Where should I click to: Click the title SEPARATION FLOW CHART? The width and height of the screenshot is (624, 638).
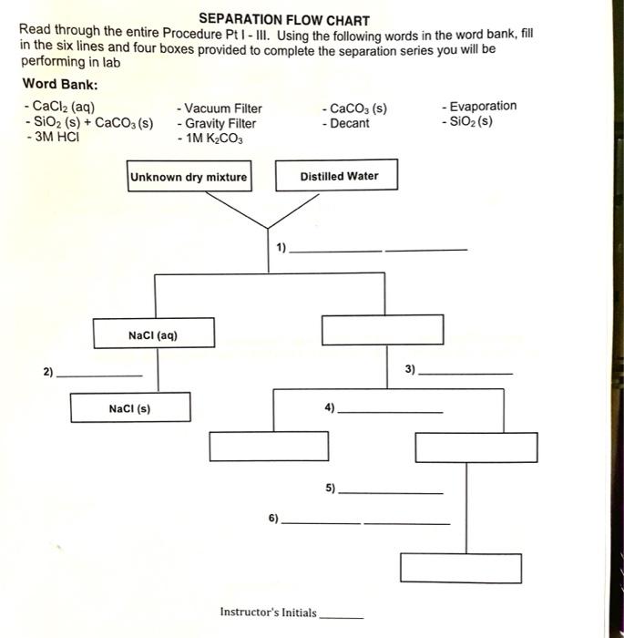pos(284,19)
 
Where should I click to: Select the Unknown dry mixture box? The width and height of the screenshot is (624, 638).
pos(189,177)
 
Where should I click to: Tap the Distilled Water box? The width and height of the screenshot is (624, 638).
pos(338,176)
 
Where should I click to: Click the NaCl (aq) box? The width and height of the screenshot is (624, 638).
pos(153,334)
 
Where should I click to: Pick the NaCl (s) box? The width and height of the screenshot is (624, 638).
pos(130,408)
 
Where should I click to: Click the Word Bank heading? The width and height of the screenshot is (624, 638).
pos(60,84)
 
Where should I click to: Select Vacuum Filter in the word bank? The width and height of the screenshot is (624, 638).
pos(220,108)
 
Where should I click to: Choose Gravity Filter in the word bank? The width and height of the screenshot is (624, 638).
pos(219,123)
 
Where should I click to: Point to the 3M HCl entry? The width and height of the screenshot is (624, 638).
pos(53,139)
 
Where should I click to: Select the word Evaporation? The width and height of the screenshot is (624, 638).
pos(479,107)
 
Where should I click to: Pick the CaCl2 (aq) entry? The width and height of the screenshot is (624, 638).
pos(57,108)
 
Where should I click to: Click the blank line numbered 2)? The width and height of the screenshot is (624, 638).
pos(99,376)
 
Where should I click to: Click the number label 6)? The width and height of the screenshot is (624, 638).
pos(274,518)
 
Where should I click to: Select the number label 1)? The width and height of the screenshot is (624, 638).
pos(281,246)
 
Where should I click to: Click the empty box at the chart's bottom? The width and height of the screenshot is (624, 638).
pos(461,568)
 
